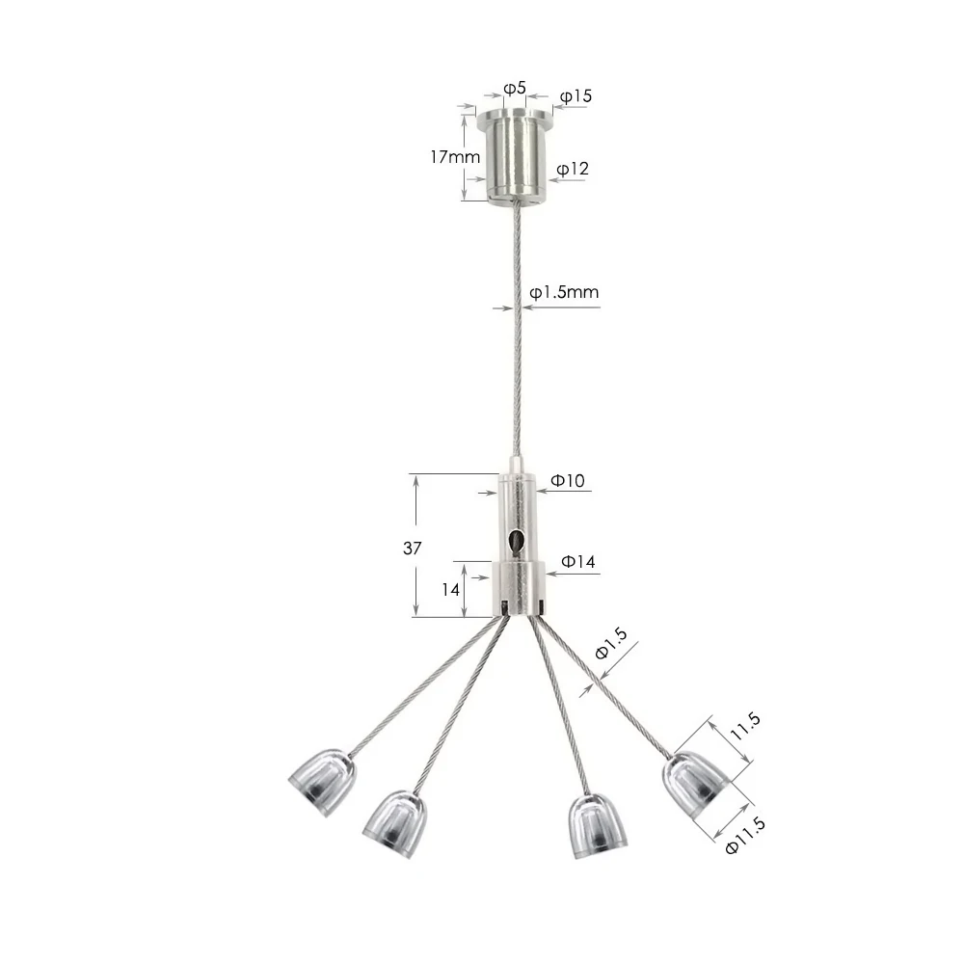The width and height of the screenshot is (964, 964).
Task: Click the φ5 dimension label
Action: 515,89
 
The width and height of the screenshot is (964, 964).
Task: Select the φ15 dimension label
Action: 576,96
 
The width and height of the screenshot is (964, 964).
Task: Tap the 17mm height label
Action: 454,157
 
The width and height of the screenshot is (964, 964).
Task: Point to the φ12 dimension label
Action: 573,169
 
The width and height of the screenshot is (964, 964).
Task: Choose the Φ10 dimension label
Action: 568,480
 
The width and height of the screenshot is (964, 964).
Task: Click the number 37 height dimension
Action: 412,548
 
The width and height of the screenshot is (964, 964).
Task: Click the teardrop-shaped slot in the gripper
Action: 519,542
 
